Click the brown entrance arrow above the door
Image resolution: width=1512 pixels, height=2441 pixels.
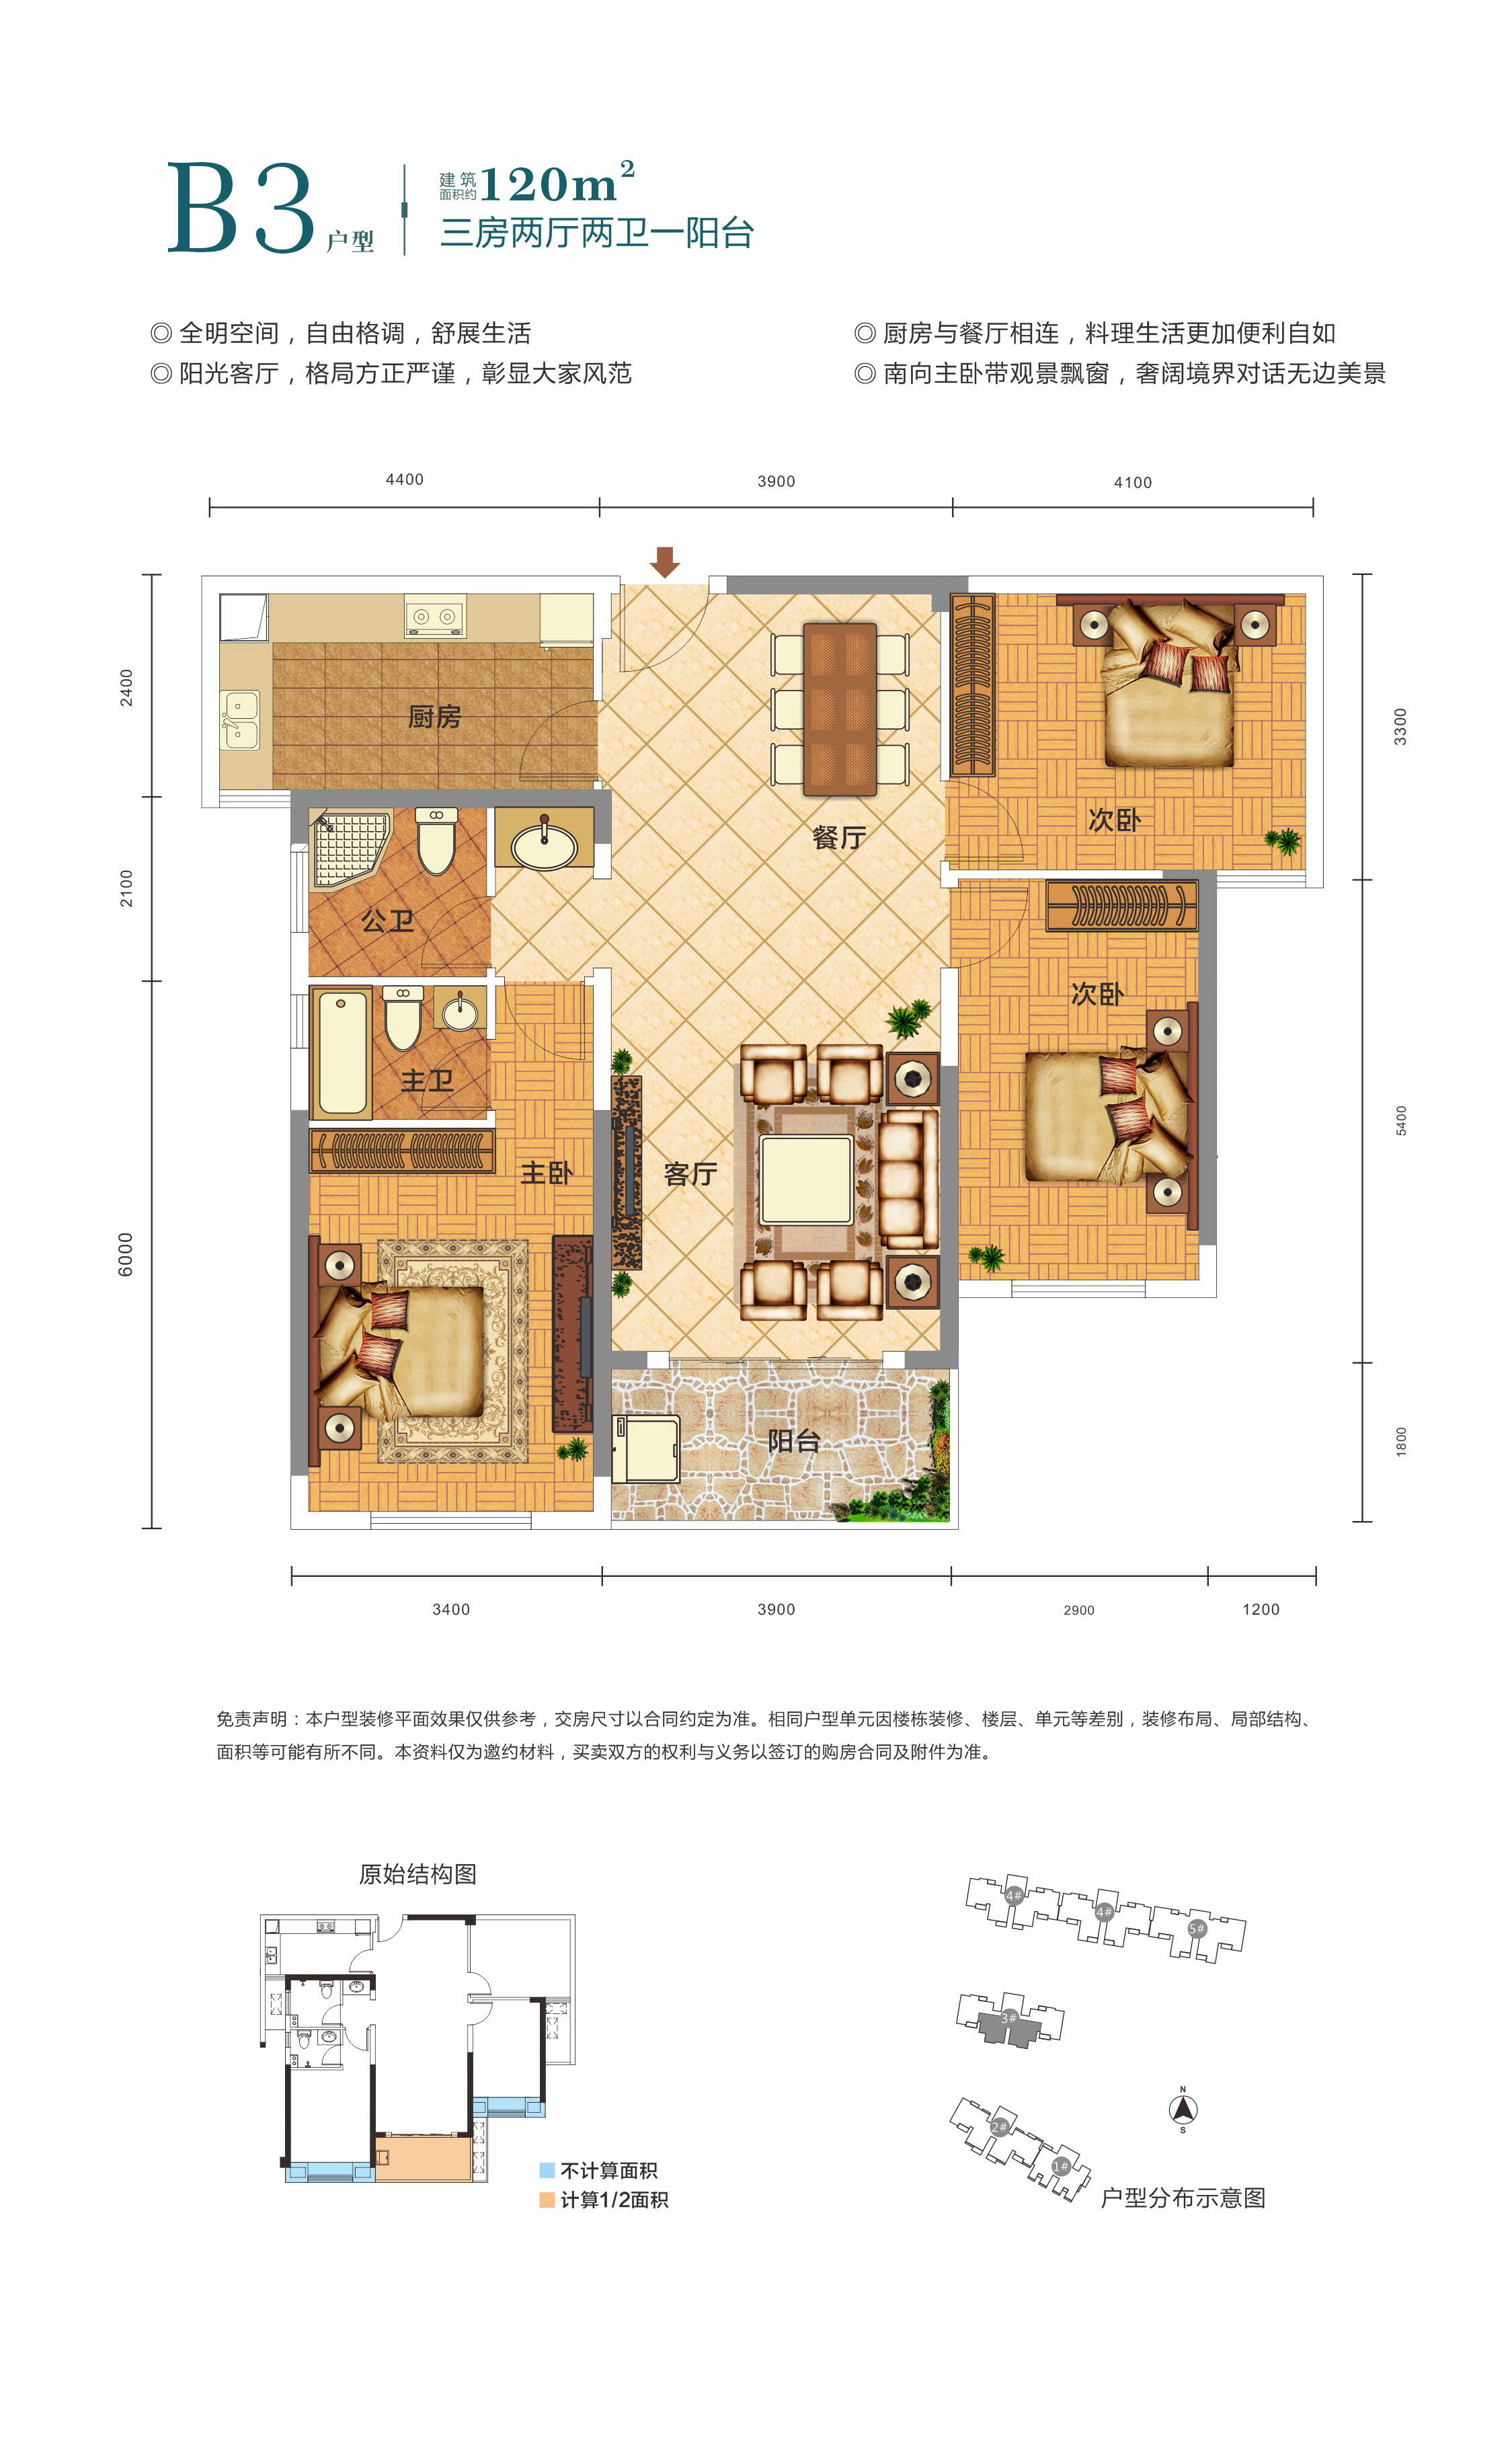(x=665, y=562)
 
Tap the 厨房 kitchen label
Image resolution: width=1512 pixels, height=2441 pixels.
(x=434, y=716)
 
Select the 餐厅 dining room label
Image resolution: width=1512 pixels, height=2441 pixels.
(x=838, y=837)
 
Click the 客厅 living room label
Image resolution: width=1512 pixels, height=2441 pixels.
(x=690, y=1174)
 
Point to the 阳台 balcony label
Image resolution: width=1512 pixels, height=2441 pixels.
(x=794, y=1441)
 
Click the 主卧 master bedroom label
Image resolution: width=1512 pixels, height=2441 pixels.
(x=546, y=1173)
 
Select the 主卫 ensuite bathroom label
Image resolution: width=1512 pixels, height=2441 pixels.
(x=427, y=1080)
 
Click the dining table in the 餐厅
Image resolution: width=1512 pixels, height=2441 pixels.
(x=840, y=710)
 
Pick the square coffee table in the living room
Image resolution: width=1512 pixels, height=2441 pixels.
(x=806, y=1180)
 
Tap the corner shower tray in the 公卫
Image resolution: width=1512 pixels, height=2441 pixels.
(x=350, y=850)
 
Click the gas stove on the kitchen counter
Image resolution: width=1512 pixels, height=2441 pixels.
(x=435, y=617)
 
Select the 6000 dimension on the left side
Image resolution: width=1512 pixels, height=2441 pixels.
(x=125, y=1254)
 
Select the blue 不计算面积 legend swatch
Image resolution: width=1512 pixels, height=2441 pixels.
(x=547, y=2171)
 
